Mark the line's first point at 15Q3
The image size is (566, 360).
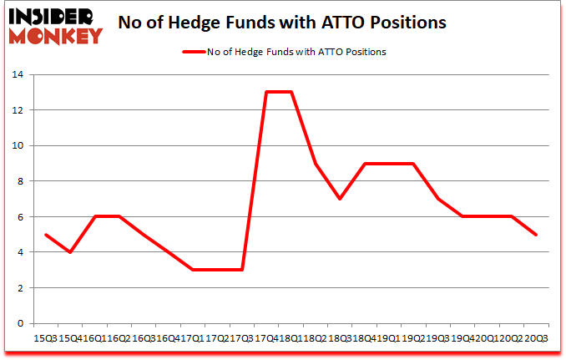45,235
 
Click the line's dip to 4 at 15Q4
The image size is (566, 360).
69,252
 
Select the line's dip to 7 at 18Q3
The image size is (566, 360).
340,199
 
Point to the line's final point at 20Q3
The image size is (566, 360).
536,235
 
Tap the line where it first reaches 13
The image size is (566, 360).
266,92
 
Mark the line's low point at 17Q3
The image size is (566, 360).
241,270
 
